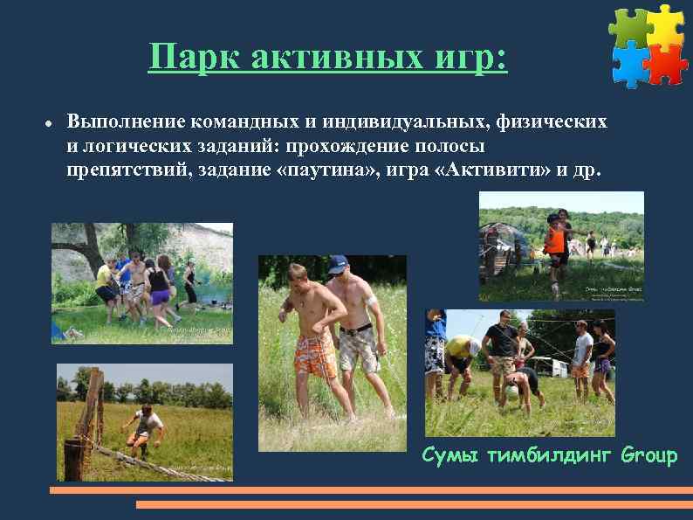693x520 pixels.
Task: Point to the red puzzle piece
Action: (x=667, y=62)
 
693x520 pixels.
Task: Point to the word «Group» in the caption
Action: (x=649, y=455)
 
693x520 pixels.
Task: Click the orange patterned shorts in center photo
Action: (x=315, y=354)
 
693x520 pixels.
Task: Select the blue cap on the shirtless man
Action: (x=338, y=262)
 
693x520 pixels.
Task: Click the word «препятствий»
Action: (x=121, y=168)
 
